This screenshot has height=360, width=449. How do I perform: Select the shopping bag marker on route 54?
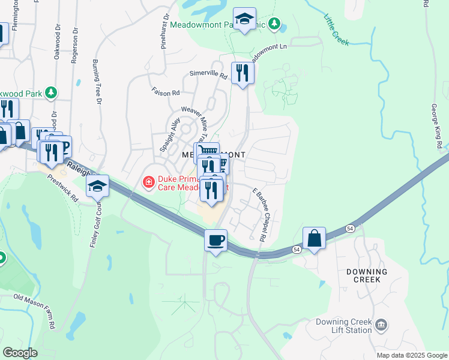[x=314, y=238]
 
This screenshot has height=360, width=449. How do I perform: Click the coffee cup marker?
[x=215, y=240]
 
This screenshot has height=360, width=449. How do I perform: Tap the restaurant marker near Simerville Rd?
[x=243, y=73]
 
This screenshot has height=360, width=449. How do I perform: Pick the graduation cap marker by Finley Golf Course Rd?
[x=97, y=186]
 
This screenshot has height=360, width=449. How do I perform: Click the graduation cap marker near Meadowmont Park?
[x=245, y=19]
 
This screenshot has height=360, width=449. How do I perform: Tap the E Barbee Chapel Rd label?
[x=260, y=215]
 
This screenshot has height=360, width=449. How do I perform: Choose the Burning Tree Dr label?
[x=96, y=79]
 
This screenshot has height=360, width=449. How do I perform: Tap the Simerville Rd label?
[x=208, y=76]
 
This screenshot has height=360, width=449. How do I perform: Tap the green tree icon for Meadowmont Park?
[x=275, y=25]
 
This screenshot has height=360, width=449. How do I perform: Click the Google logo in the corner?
[x=20, y=353]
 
